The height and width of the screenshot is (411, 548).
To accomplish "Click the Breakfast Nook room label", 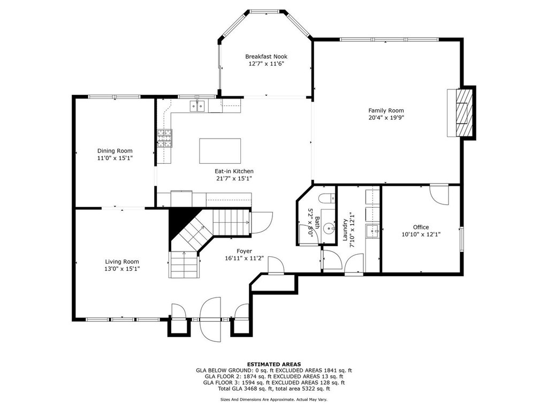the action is click(267, 56).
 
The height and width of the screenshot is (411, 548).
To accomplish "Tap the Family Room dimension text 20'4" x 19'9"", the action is click(386, 118).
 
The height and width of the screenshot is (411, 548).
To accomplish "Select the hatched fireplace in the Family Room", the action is click(464, 113).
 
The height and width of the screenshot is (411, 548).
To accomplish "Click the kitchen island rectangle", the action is click(220, 150).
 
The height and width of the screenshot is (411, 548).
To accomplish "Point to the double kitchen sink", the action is click(197, 106).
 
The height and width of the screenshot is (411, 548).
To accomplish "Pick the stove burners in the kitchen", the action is click(165, 138).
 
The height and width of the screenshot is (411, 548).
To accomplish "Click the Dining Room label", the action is click(115, 150).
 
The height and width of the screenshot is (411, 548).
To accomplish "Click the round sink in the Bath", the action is click(328, 229).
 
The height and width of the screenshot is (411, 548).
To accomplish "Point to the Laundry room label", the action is click(345, 230).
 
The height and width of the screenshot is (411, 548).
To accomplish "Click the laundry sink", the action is click(372, 231).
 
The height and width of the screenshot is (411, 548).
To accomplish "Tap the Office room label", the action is click(421, 227).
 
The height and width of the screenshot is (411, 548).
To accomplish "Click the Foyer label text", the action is click(244, 252).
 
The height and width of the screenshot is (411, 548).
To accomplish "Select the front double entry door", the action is click(210, 319).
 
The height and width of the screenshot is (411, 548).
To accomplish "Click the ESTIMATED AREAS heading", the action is click(274, 364).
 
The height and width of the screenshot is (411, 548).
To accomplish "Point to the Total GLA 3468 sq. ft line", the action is click(274, 389).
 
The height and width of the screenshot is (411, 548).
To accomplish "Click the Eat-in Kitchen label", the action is click(234, 171).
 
